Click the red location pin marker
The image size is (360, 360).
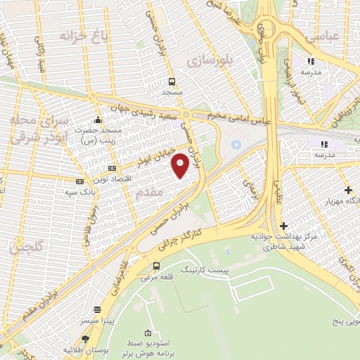(x=180, y=165)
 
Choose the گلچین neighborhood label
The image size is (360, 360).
(x=27, y=247)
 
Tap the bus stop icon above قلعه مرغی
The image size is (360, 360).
(x=156, y=266)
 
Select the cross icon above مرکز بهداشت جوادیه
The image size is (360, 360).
(x=283, y=226)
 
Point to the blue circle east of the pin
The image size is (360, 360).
(x=236, y=143)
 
